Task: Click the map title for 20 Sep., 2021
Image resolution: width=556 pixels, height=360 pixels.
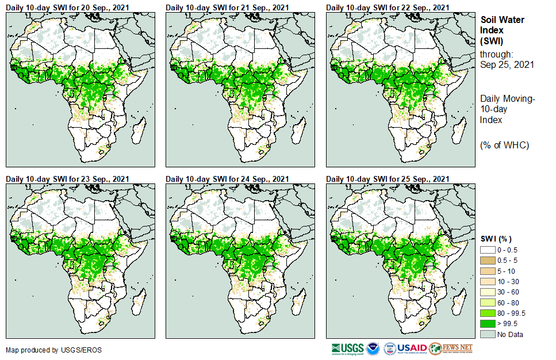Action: tap(67, 7)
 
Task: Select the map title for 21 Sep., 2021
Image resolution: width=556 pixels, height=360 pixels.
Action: tap(227, 7)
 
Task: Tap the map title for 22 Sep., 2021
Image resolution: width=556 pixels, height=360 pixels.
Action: tap(388, 7)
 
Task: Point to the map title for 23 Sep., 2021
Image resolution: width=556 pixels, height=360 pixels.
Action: tap(67, 179)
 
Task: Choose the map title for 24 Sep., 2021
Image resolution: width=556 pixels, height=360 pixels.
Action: tap(227, 179)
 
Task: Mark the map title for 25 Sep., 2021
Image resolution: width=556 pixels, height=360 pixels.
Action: tap(388, 179)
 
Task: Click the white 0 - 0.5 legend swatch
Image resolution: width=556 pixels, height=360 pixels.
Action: tap(488, 250)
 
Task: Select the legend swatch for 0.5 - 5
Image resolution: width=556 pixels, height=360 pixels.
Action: tap(488, 260)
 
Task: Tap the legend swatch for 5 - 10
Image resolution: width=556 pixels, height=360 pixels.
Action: tap(488, 271)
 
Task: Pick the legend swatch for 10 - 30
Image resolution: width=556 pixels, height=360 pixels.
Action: tap(488, 281)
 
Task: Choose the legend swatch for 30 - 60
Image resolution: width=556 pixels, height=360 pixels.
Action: tap(488, 292)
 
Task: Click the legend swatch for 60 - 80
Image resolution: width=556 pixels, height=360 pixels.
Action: tap(488, 302)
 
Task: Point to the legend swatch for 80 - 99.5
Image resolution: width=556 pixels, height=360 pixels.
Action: tap(488, 313)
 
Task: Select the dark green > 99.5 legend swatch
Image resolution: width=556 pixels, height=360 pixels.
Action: tap(488, 324)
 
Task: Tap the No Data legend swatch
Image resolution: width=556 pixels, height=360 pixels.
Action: tap(488, 334)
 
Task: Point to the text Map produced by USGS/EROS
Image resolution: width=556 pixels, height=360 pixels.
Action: tap(45, 350)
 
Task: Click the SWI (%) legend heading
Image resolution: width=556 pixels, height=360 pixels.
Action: tap(496, 239)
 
